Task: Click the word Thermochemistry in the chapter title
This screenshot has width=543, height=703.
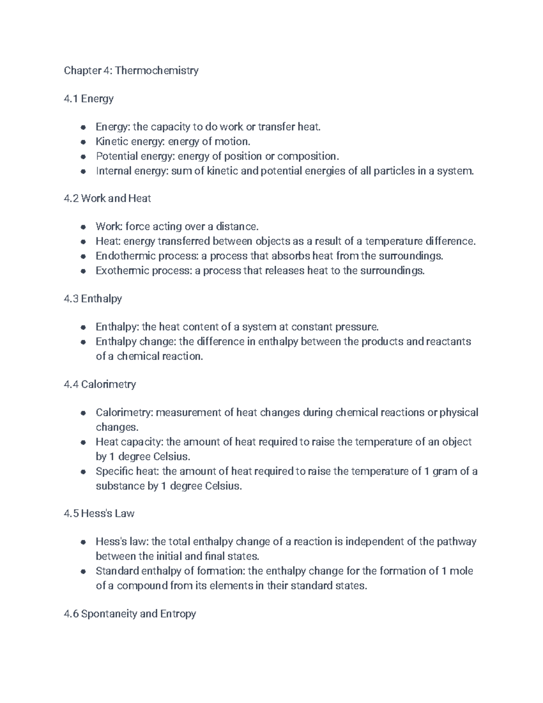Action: tap(157, 71)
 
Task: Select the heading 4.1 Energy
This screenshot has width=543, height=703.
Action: tap(89, 99)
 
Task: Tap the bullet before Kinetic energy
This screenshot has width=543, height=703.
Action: tap(83, 142)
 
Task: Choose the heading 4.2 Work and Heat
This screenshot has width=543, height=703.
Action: tap(108, 198)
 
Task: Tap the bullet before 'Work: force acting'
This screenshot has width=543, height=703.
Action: tap(83, 227)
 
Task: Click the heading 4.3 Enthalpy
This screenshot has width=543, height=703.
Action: tap(93, 299)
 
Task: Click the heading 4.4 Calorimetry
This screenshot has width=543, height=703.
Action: tap(100, 384)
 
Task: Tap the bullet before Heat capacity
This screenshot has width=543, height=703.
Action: tap(83, 442)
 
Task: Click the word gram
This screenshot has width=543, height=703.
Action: tap(444, 471)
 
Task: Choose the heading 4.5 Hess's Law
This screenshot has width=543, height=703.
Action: tap(99, 513)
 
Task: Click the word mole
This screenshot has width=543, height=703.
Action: tap(462, 571)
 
